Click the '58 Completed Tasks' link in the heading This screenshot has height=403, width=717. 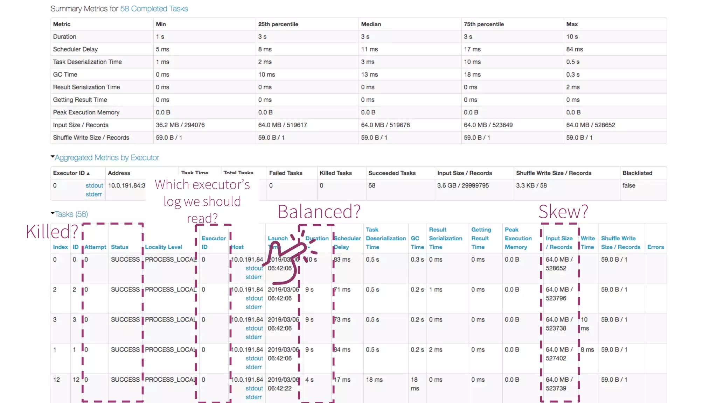(154, 9)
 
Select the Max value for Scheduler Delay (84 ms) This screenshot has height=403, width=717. (575, 49)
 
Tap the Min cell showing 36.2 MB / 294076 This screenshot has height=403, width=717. (180, 125)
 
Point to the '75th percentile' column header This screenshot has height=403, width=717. (484, 24)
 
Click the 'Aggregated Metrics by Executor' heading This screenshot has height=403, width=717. (107, 158)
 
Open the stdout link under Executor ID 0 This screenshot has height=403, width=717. (94, 185)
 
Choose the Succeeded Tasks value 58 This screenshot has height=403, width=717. (372, 185)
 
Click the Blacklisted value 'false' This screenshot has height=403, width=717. (629, 185)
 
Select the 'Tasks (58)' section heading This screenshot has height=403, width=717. (71, 214)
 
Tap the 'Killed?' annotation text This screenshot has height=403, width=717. (52, 232)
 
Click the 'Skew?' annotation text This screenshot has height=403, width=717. (563, 212)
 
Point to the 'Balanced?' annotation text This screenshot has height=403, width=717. (319, 212)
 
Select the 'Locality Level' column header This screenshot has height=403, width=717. (163, 247)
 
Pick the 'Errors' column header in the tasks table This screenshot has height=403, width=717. (655, 247)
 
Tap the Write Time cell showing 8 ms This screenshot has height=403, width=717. (587, 349)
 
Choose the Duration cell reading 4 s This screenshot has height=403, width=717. (309, 380)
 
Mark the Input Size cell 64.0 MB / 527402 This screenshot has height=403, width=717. (559, 354)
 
